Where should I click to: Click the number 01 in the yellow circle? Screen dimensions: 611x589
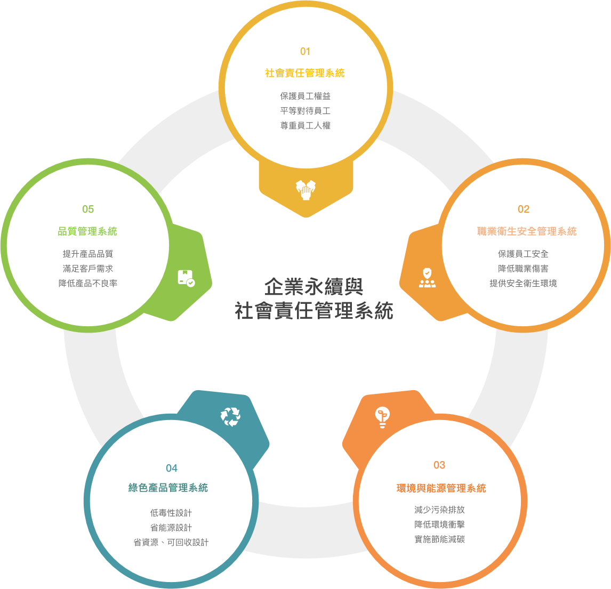point(305,51)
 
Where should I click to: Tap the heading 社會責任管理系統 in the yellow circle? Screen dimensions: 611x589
point(305,73)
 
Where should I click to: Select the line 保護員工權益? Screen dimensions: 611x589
point(305,96)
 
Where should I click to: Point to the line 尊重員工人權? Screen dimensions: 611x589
point(305,125)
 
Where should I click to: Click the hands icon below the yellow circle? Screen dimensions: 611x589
point(306,190)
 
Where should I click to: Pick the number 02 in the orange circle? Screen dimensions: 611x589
point(524,209)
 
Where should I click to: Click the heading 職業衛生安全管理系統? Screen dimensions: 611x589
point(527,231)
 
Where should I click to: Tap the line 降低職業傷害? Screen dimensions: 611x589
point(524,269)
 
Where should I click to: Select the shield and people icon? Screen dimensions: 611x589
point(428,278)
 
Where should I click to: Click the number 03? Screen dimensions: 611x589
point(439,465)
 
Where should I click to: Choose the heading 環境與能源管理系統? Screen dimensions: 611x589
point(441,488)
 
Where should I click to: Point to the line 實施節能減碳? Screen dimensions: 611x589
point(439,539)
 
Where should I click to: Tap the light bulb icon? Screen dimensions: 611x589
point(382,417)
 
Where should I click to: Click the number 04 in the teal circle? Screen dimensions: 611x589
point(172,468)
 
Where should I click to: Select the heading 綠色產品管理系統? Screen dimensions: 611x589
point(168,488)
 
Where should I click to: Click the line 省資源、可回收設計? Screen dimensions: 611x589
point(171,542)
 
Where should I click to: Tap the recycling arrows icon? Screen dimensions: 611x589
point(230,417)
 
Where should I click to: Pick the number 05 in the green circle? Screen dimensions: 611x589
point(88,209)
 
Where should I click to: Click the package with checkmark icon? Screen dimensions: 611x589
point(186,278)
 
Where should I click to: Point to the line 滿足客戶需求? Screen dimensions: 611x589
point(88,269)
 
